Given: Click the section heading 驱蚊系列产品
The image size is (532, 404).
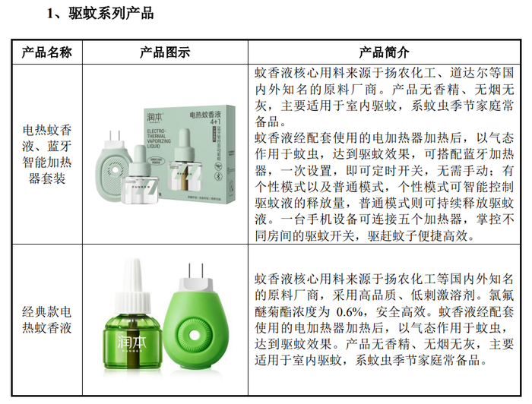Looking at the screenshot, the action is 111,14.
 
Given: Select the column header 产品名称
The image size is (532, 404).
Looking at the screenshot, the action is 47,52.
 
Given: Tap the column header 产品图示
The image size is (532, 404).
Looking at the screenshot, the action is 165,52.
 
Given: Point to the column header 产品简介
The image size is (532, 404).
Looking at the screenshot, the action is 384,52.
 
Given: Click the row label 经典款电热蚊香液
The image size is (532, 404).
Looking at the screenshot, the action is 47,320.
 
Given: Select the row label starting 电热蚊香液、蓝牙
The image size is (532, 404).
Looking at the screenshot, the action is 47,154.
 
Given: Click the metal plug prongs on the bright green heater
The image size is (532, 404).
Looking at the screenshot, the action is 196,270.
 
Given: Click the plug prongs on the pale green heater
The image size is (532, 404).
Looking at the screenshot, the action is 115,136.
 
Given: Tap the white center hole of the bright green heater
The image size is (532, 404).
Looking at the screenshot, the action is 194,335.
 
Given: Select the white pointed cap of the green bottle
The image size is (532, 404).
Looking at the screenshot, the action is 133,285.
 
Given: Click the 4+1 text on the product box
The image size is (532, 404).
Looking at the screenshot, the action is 215,122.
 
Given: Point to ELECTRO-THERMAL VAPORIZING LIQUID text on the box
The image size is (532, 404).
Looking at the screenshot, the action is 159,138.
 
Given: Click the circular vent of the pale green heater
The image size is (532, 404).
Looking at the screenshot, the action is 114,171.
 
